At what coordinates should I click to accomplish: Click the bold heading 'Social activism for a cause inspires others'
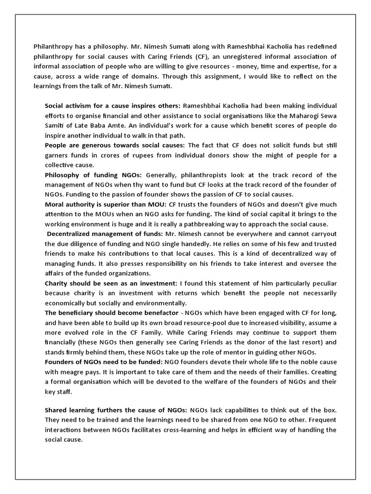point(112,106)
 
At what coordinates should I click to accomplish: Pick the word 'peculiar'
point(320,283)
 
